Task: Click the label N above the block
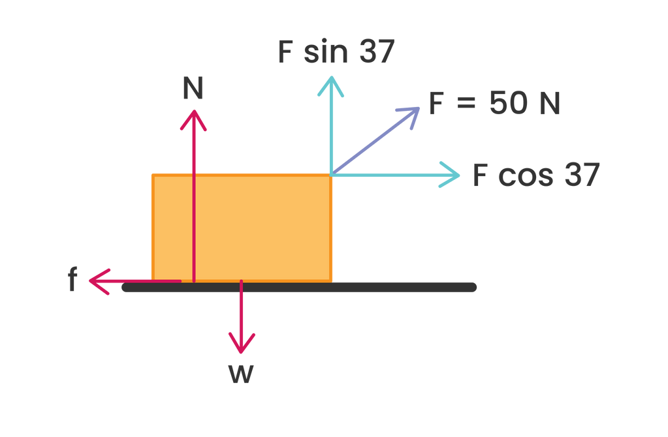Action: pyautogui.click(x=193, y=88)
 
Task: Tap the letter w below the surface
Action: pyautogui.click(x=241, y=374)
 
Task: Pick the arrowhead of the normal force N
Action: pyautogui.click(x=193, y=115)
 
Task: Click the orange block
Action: pyautogui.click(x=261, y=228)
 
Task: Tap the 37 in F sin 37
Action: pyautogui.click(x=376, y=52)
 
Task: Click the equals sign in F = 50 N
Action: pyautogui.click(x=467, y=104)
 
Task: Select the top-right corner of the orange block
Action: pyautogui.click(x=332, y=175)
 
